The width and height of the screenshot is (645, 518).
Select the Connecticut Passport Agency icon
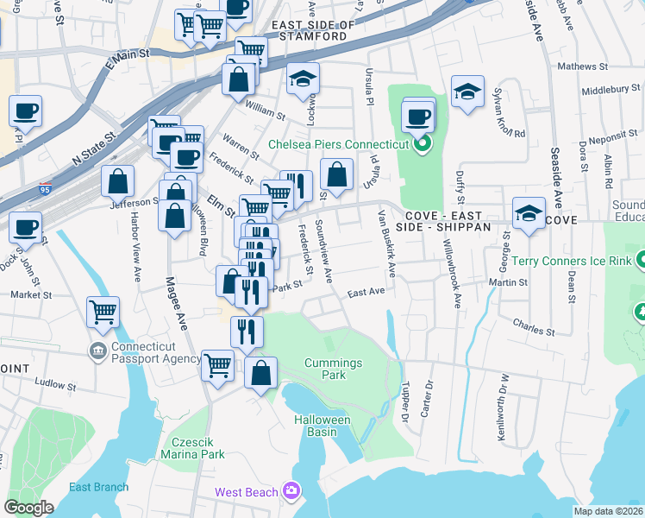[x=98, y=351]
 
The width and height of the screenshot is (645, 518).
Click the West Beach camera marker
[x=291, y=491]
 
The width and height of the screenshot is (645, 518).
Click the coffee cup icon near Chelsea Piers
[x=417, y=115]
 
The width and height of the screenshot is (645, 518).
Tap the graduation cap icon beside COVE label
[x=529, y=212]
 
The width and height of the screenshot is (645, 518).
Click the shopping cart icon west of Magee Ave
[x=103, y=311]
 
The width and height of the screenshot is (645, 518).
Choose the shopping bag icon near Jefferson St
[x=118, y=181]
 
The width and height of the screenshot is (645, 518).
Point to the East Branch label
[x=99, y=487]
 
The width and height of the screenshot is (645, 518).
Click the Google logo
[x=29, y=507]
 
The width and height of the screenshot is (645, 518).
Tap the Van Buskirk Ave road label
[x=385, y=243]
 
